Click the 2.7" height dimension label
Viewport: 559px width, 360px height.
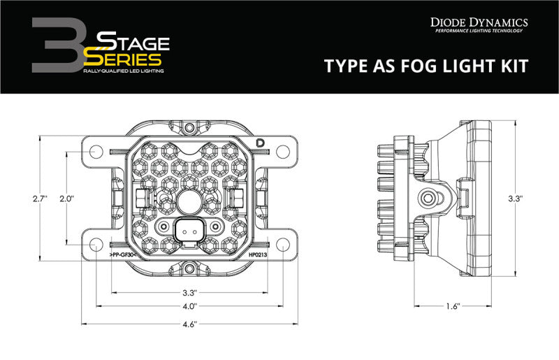coord(39,199)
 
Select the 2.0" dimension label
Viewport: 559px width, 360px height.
coord(67,199)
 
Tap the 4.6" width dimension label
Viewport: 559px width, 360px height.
coord(189,324)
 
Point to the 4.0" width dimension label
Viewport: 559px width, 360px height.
coord(189,305)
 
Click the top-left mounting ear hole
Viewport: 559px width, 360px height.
coord(94,150)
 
